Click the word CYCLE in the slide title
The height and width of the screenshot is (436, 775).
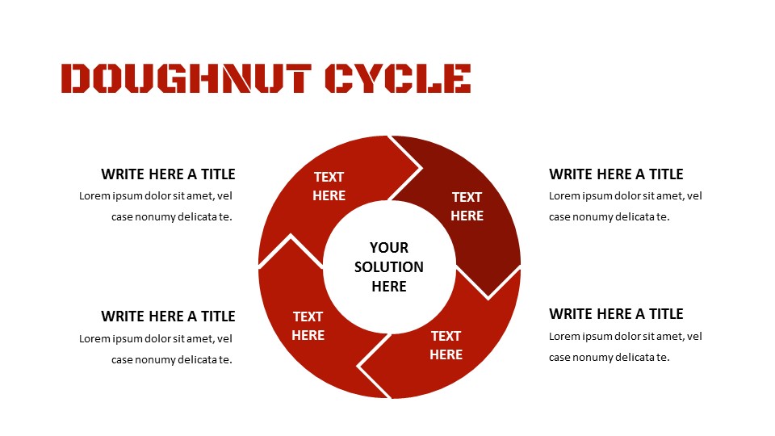[x=398, y=78]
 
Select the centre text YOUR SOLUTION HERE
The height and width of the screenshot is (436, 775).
[x=389, y=267]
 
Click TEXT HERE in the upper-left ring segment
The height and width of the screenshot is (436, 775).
[x=329, y=187]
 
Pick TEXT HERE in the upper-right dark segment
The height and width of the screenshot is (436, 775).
[x=467, y=207]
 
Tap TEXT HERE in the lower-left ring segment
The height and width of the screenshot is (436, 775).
[x=308, y=326]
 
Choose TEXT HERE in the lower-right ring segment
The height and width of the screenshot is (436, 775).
[x=446, y=346]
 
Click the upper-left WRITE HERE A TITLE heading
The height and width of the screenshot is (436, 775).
[x=168, y=174]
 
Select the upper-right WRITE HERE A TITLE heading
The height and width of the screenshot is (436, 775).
[x=616, y=174]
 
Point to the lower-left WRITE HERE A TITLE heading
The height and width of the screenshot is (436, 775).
[x=168, y=317]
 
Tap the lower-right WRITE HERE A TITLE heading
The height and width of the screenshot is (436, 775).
[x=616, y=314]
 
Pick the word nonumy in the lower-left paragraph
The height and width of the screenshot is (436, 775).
[x=155, y=360]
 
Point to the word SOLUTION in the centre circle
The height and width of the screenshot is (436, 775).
[x=389, y=267]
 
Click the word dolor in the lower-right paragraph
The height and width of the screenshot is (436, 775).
[x=625, y=337]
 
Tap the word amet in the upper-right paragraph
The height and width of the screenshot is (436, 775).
[x=670, y=195]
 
